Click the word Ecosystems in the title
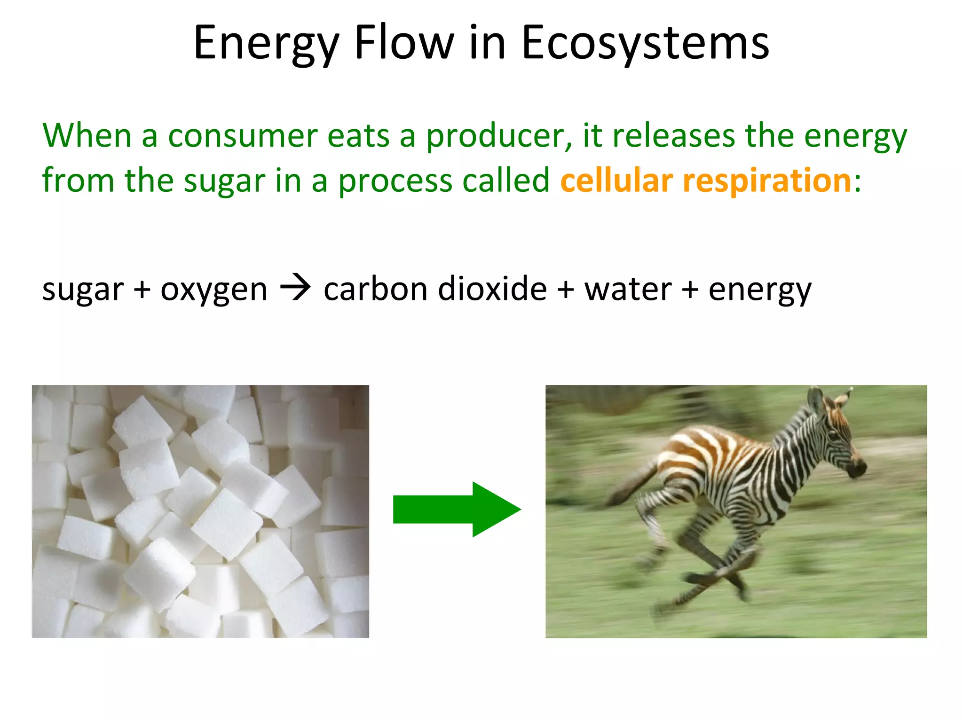645,43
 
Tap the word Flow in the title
404,43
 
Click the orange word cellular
616,180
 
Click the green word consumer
243,136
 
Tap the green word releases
673,136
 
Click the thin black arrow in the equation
295,287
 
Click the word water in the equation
627,289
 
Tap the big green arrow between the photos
456,509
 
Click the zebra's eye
833,435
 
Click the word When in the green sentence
87,136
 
